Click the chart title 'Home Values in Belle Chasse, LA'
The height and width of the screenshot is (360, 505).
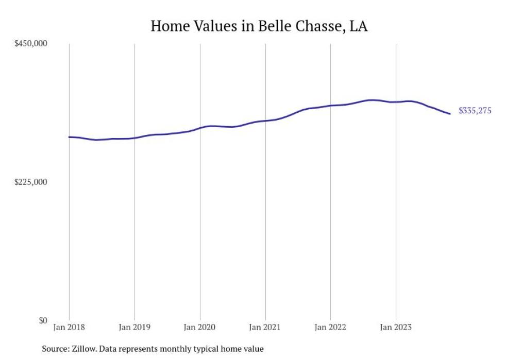pos(259,26)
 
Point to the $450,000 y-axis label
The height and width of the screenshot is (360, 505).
pos(30,44)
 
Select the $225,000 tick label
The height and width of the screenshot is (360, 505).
pos(30,182)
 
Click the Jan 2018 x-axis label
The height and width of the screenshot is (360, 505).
pos(69,327)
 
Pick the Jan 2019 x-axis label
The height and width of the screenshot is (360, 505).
pos(134,327)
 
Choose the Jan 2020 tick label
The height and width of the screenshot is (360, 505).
pos(200,327)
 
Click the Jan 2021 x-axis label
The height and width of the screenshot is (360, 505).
pos(265,327)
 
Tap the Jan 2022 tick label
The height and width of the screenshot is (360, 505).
pos(330,327)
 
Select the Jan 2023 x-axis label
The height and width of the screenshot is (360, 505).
pos(396,327)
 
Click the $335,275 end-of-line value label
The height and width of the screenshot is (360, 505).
pos(475,111)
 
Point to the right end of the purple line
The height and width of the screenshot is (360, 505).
pos(450,114)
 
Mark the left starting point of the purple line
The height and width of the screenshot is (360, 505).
pos(70,137)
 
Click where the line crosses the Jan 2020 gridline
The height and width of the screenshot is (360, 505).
pos(200,128)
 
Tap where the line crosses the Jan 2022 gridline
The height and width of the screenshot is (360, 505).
pos(330,106)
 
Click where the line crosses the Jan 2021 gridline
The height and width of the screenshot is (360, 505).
pos(265,121)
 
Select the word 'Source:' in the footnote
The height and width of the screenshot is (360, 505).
pos(56,349)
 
